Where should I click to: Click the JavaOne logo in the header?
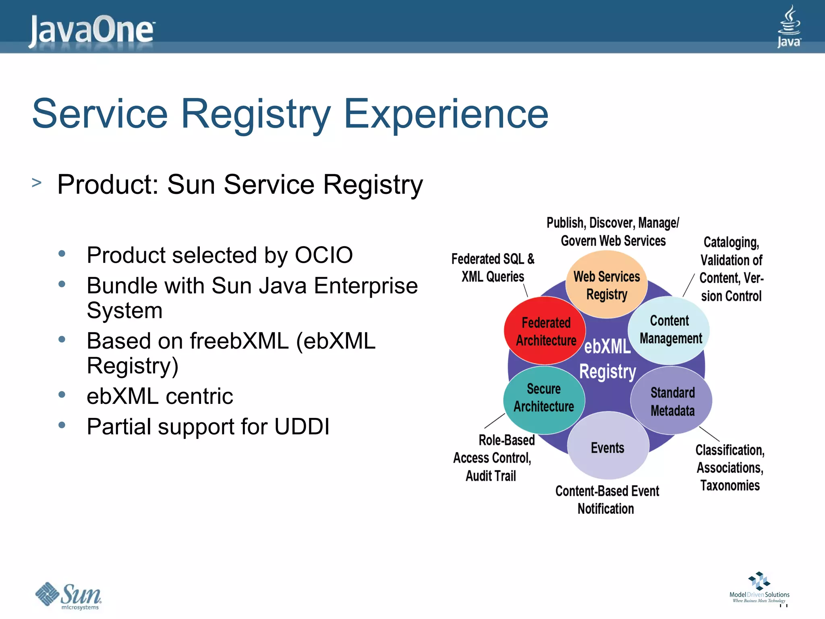[x=92, y=30]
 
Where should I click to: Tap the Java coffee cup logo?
[x=789, y=26]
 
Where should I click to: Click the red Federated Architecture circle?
[x=545, y=331]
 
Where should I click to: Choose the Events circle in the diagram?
[x=607, y=447]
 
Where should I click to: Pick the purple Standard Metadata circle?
[x=672, y=401]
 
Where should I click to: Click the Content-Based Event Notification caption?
[x=607, y=500]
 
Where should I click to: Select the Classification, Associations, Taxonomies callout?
[x=730, y=468]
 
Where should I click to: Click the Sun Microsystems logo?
[x=68, y=595]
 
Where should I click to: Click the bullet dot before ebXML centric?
[x=62, y=395]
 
